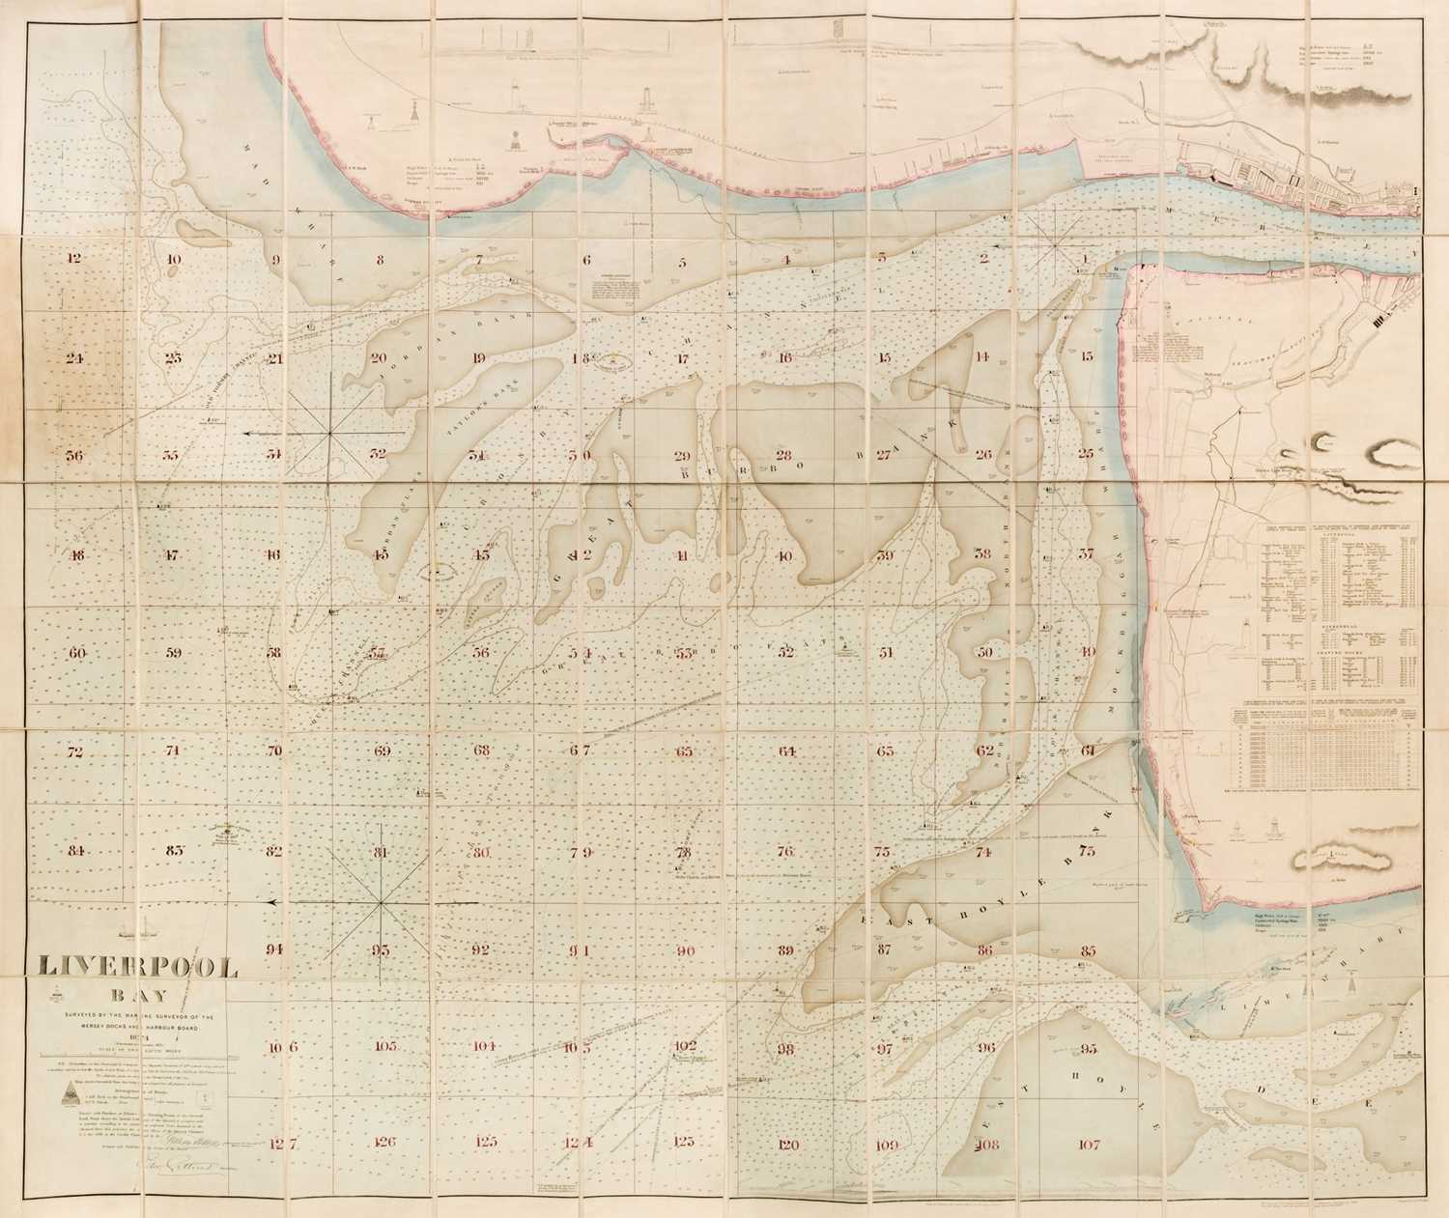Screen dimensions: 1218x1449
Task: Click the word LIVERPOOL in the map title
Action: [137, 968]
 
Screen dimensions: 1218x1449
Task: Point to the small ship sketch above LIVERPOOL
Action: [135, 932]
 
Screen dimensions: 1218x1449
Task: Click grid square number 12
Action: [74, 259]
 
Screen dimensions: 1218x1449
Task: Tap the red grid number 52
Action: [785, 653]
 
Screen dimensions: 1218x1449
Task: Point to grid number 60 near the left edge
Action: [77, 653]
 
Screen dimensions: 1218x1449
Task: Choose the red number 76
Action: [784, 852]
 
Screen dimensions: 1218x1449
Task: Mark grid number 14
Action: [982, 356]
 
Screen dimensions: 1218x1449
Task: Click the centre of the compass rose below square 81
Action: [384, 901]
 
